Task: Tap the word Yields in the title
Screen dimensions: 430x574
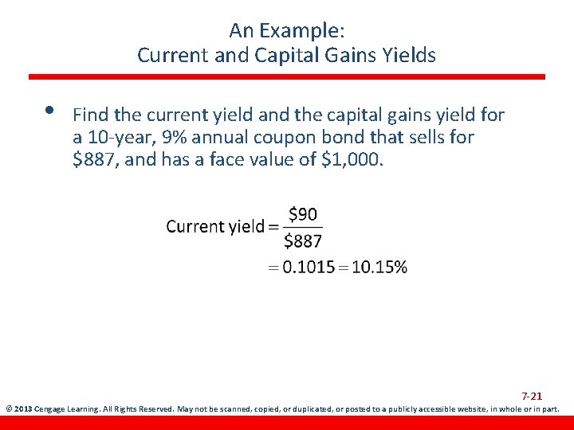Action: pyautogui.click(x=410, y=56)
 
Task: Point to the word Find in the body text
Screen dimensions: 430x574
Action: pyautogui.click(x=88, y=115)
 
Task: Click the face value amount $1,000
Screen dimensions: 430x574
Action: pyautogui.click(x=353, y=158)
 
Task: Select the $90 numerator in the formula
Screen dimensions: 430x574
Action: pyautogui.click(x=302, y=213)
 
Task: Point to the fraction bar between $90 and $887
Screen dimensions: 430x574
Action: pyautogui.click(x=303, y=228)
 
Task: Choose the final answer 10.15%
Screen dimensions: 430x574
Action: pyautogui.click(x=379, y=268)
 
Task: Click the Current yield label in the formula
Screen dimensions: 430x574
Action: pyautogui.click(x=215, y=227)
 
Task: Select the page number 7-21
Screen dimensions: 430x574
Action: pyautogui.click(x=532, y=396)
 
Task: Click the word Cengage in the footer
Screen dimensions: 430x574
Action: pyautogui.click(x=51, y=410)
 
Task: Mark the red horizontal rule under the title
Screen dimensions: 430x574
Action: pyautogui.click(x=287, y=77)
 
